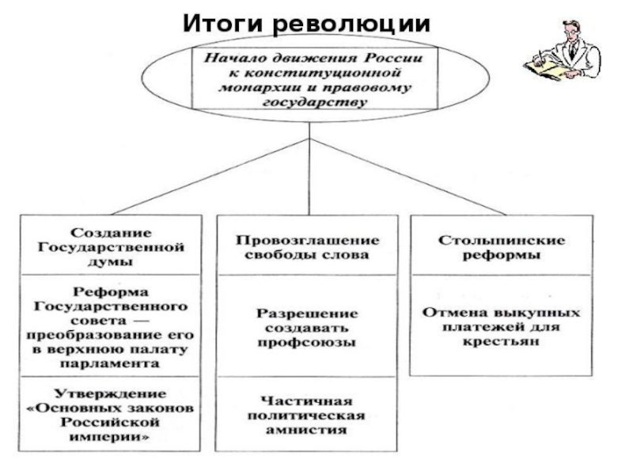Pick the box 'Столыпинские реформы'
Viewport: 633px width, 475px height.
coord(500,247)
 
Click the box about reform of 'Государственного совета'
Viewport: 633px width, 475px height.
coord(112,327)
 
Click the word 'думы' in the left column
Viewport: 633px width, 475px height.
coord(112,261)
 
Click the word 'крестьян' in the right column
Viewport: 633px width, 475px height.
coord(500,342)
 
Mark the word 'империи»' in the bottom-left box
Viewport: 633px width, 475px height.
coord(112,436)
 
